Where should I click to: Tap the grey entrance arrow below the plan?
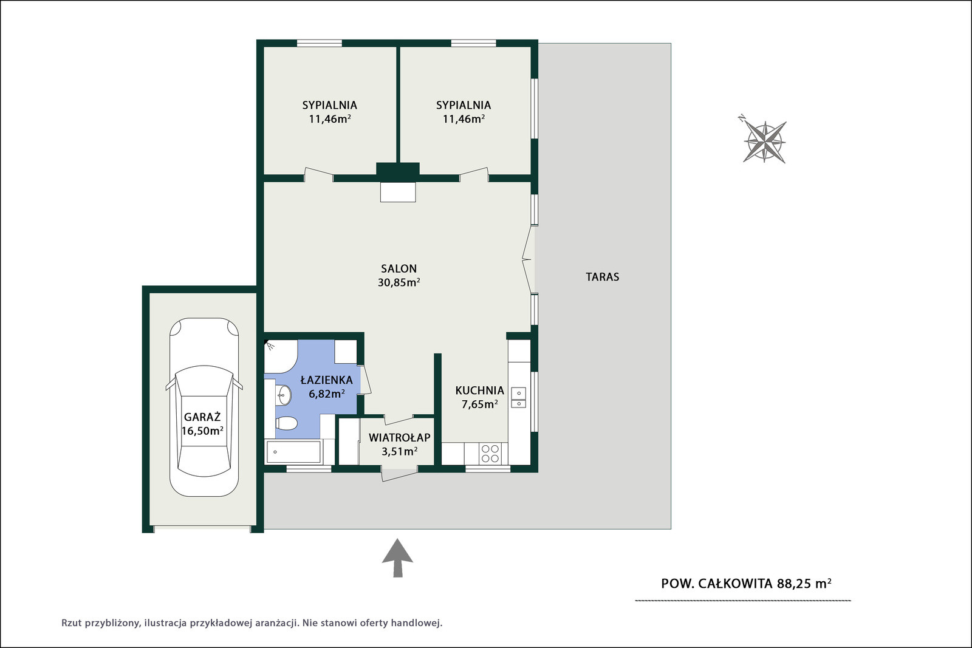pyautogui.click(x=397, y=558)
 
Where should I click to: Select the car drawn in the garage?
pyautogui.click(x=204, y=407)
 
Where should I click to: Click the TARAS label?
pyautogui.click(x=602, y=277)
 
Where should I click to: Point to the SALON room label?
pyautogui.click(x=399, y=268)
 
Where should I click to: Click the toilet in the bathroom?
pyautogui.click(x=286, y=423)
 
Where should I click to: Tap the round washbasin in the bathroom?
pyautogui.click(x=284, y=395)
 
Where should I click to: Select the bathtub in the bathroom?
pyautogui.click(x=293, y=452)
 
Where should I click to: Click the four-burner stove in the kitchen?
pyautogui.click(x=490, y=453)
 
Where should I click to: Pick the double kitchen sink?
pyautogui.click(x=519, y=398)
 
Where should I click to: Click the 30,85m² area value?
pyautogui.click(x=399, y=283)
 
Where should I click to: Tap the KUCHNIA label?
pyautogui.click(x=479, y=391)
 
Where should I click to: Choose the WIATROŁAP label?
pyautogui.click(x=400, y=438)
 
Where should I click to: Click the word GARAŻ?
pyautogui.click(x=202, y=417)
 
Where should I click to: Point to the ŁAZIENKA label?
pyautogui.click(x=327, y=380)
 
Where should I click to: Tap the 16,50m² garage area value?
pyautogui.click(x=202, y=431)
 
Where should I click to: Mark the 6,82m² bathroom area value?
pyautogui.click(x=327, y=394)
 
